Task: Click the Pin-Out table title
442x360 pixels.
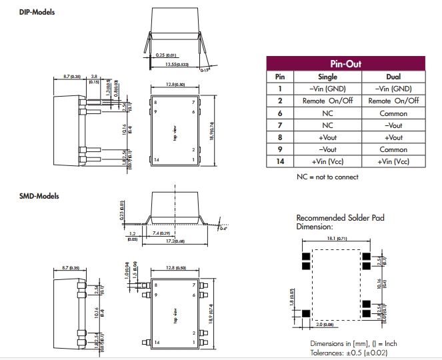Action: click(x=346, y=63)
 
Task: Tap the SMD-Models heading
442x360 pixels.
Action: click(x=39, y=196)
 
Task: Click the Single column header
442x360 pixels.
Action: click(x=324, y=77)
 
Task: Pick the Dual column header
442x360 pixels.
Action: click(x=393, y=77)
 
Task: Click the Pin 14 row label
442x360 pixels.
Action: click(x=280, y=161)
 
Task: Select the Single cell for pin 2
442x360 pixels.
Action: click(x=325, y=101)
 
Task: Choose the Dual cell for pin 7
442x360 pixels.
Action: click(x=393, y=125)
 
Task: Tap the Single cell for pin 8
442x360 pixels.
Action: click(x=325, y=137)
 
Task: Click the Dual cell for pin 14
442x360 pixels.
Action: click(x=393, y=161)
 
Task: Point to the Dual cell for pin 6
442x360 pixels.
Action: click(x=393, y=113)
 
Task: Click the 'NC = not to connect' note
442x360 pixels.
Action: click(x=327, y=177)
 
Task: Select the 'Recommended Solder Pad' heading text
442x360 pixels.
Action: click(x=340, y=218)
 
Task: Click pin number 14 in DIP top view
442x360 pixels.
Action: click(x=157, y=160)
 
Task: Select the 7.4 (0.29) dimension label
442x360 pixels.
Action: click(x=162, y=234)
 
